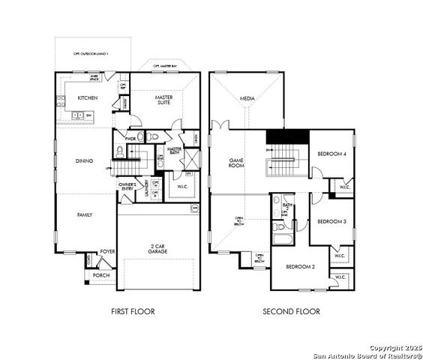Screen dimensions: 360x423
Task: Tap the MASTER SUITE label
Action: click(165, 100)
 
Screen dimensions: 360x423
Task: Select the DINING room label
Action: click(85, 160)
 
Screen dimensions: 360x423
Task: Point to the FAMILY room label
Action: click(85, 214)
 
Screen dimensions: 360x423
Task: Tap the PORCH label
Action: click(100, 275)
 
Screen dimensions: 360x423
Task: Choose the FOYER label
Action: click(108, 252)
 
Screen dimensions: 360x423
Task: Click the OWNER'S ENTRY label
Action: click(127, 186)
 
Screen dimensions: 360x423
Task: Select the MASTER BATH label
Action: click(175, 151)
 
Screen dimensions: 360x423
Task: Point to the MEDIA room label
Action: click(247, 98)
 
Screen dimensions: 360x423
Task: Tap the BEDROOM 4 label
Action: click(331, 154)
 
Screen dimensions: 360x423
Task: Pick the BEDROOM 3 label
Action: click(331, 221)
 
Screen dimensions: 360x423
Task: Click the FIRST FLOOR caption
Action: click(132, 311)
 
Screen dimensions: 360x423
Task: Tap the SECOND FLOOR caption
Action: click(291, 311)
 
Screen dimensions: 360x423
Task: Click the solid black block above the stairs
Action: click(288, 137)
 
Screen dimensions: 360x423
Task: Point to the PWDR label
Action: click(130, 139)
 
